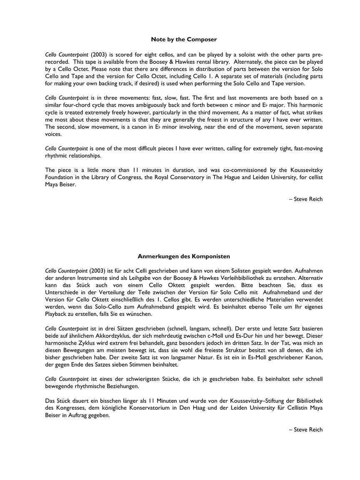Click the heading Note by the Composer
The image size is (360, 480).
[x=184, y=40]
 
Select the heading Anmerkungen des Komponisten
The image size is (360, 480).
[x=184, y=257]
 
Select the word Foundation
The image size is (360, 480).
[x=59, y=177]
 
